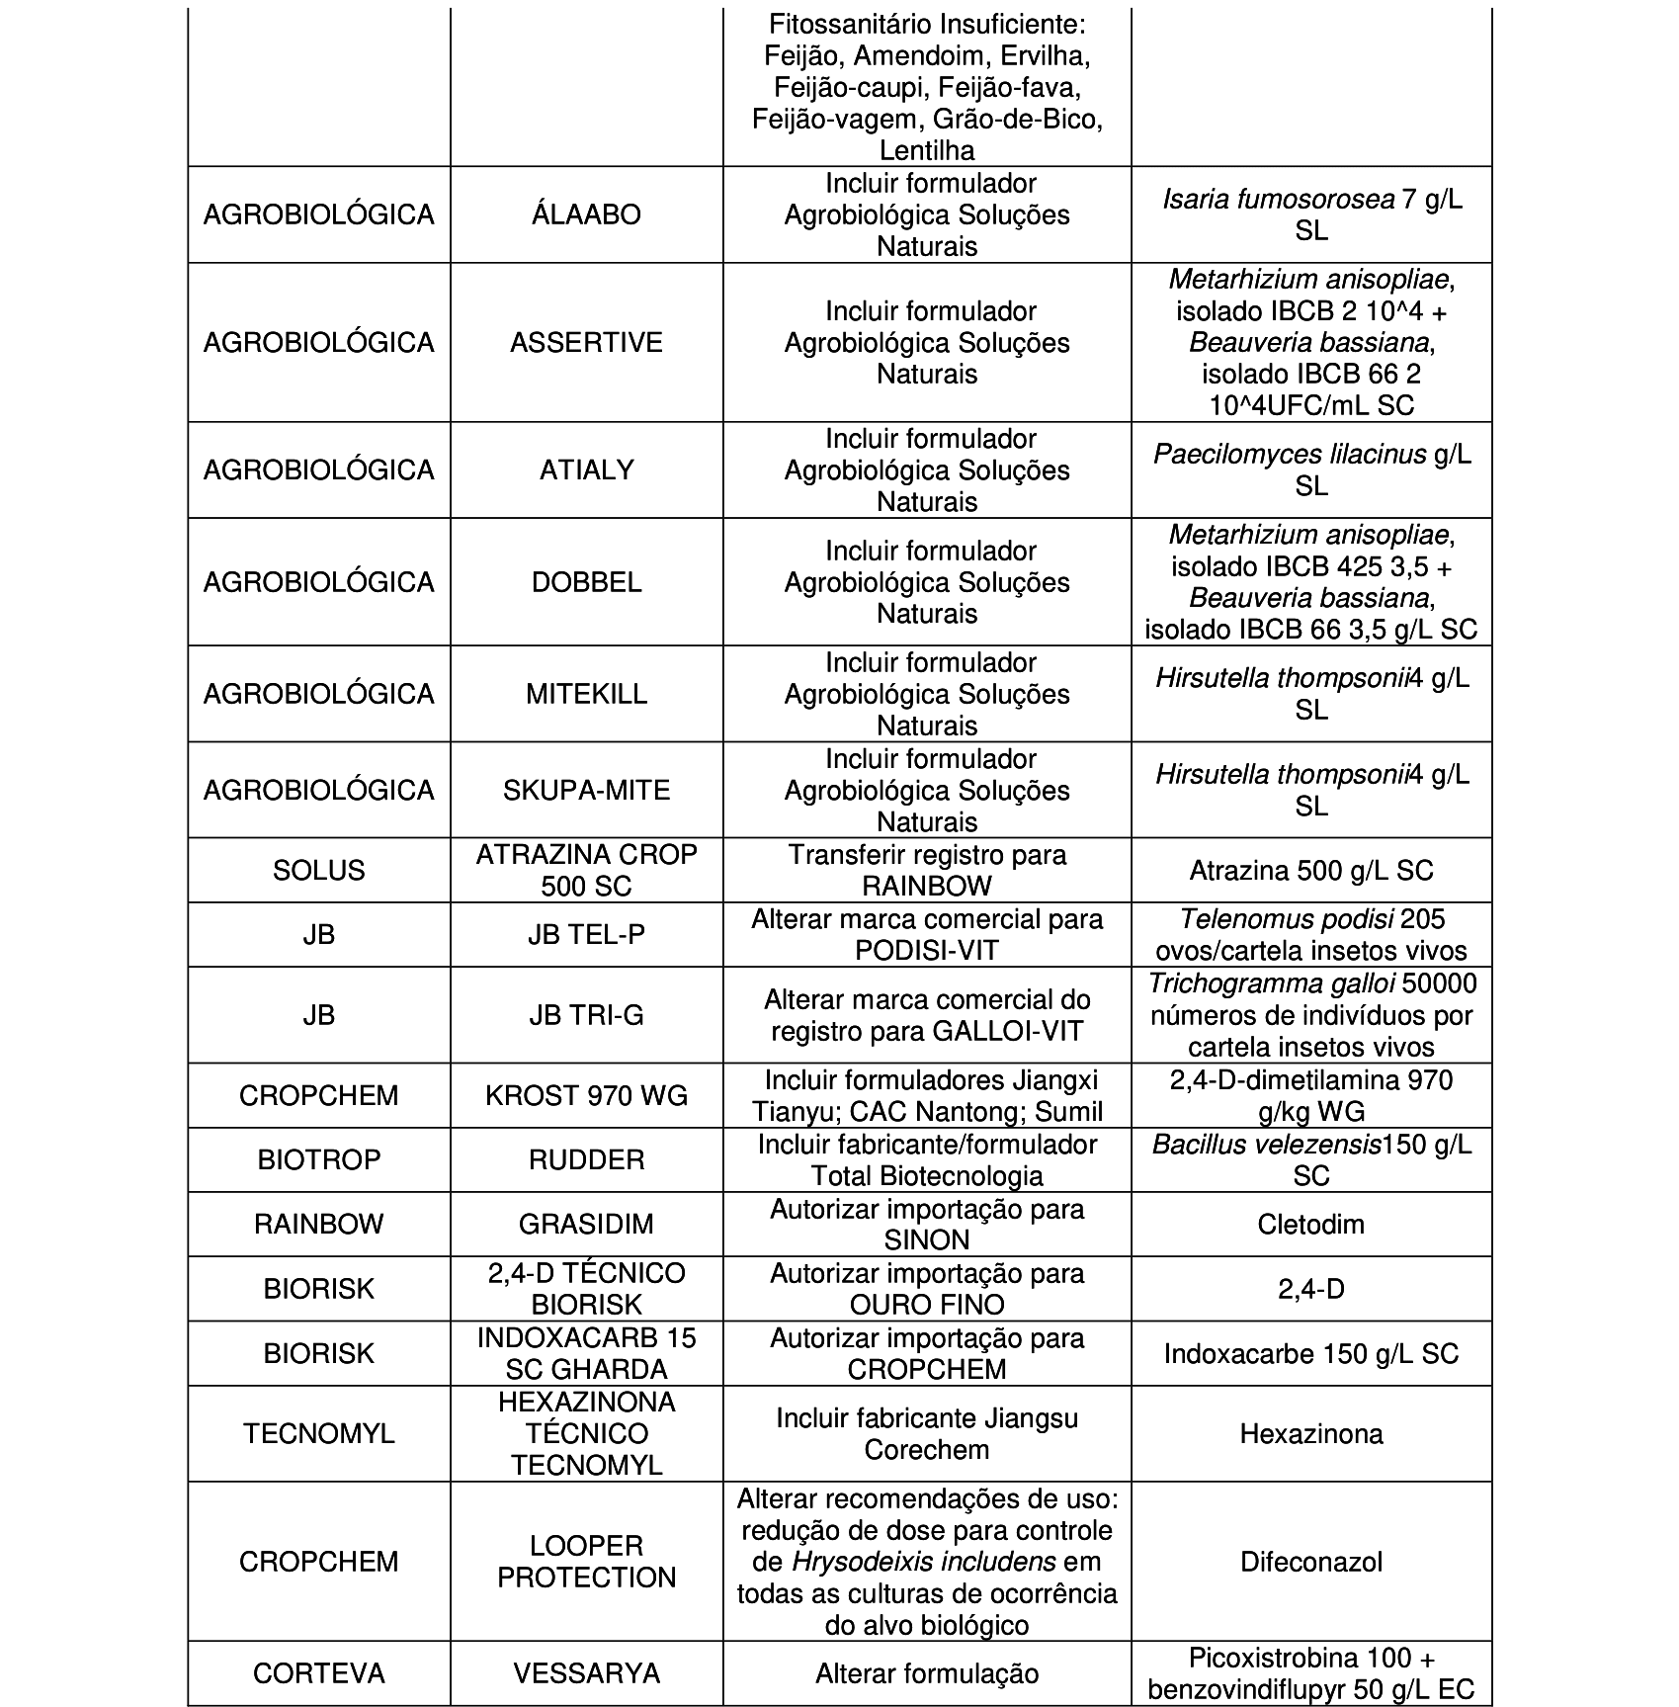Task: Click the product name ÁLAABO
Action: click(586, 214)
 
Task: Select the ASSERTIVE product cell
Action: click(586, 342)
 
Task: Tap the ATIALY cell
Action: click(586, 469)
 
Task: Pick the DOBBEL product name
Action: click(586, 581)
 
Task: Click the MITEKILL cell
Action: click(586, 693)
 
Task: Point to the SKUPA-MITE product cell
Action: click(586, 790)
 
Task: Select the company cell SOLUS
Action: click(318, 870)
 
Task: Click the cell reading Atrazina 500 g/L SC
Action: click(1310, 870)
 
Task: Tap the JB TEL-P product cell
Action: click(586, 934)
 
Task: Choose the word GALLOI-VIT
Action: click(1007, 1031)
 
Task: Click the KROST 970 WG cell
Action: click(586, 1095)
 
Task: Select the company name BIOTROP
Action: click(318, 1159)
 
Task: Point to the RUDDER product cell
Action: click(586, 1159)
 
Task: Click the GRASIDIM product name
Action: click(586, 1224)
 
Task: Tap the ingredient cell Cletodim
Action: click(1310, 1224)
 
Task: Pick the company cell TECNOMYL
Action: click(318, 1433)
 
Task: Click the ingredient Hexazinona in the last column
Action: click(1310, 1433)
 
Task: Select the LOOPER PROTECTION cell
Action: click(586, 1561)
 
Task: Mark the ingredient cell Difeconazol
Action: click(1310, 1561)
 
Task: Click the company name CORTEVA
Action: click(318, 1672)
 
